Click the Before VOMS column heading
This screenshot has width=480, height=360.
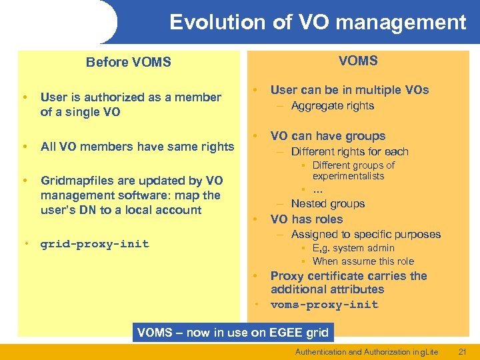[x=128, y=62]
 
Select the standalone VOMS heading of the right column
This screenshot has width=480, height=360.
[x=358, y=61]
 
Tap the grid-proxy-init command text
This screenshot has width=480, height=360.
[x=94, y=244]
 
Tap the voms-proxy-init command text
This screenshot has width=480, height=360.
[x=324, y=305]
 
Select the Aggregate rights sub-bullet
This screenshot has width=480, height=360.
[x=333, y=106]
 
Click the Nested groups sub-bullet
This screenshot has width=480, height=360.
[x=327, y=204]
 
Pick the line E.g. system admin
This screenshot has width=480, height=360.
[x=353, y=248]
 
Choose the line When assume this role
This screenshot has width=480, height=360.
[x=363, y=261]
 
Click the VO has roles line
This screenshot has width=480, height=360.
[x=307, y=219]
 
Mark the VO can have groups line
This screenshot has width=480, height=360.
[x=328, y=136]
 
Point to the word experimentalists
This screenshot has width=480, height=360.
[x=348, y=176]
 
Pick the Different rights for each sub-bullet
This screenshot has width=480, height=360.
[x=349, y=151]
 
